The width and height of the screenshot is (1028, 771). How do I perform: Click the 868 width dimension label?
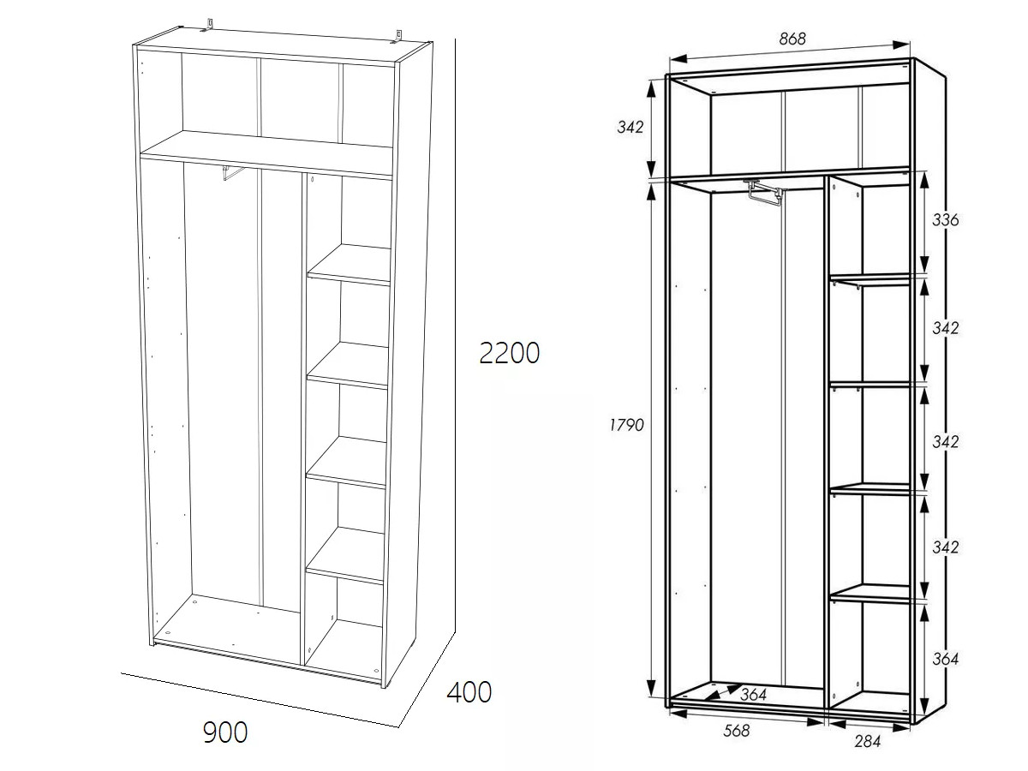pos(792,39)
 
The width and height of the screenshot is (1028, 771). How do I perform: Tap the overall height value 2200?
pos(509,353)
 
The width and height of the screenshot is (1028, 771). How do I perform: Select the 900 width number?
pos(225,732)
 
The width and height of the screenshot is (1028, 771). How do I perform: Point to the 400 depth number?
pos(469,692)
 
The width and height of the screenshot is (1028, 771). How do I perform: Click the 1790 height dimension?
pos(626,425)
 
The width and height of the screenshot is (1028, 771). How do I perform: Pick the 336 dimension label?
pos(945,219)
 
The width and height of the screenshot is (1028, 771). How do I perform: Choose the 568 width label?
pos(737,730)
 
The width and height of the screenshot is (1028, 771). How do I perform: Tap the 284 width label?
pos(868,741)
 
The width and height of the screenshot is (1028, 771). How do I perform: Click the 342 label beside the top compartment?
pos(631,127)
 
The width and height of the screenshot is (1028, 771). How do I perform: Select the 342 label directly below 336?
pos(945,328)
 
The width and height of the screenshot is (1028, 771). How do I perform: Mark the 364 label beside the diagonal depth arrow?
pos(753,695)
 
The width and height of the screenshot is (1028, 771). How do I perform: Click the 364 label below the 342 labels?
pos(945,659)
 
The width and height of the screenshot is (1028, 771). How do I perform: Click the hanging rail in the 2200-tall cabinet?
pos(233,172)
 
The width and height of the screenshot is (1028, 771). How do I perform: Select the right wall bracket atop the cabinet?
pos(397,36)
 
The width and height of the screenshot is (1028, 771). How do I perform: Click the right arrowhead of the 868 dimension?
pos(900,45)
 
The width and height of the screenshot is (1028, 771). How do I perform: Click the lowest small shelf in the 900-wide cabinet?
pos(345,556)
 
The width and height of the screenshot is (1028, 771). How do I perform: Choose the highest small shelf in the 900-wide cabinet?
pos(349,265)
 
